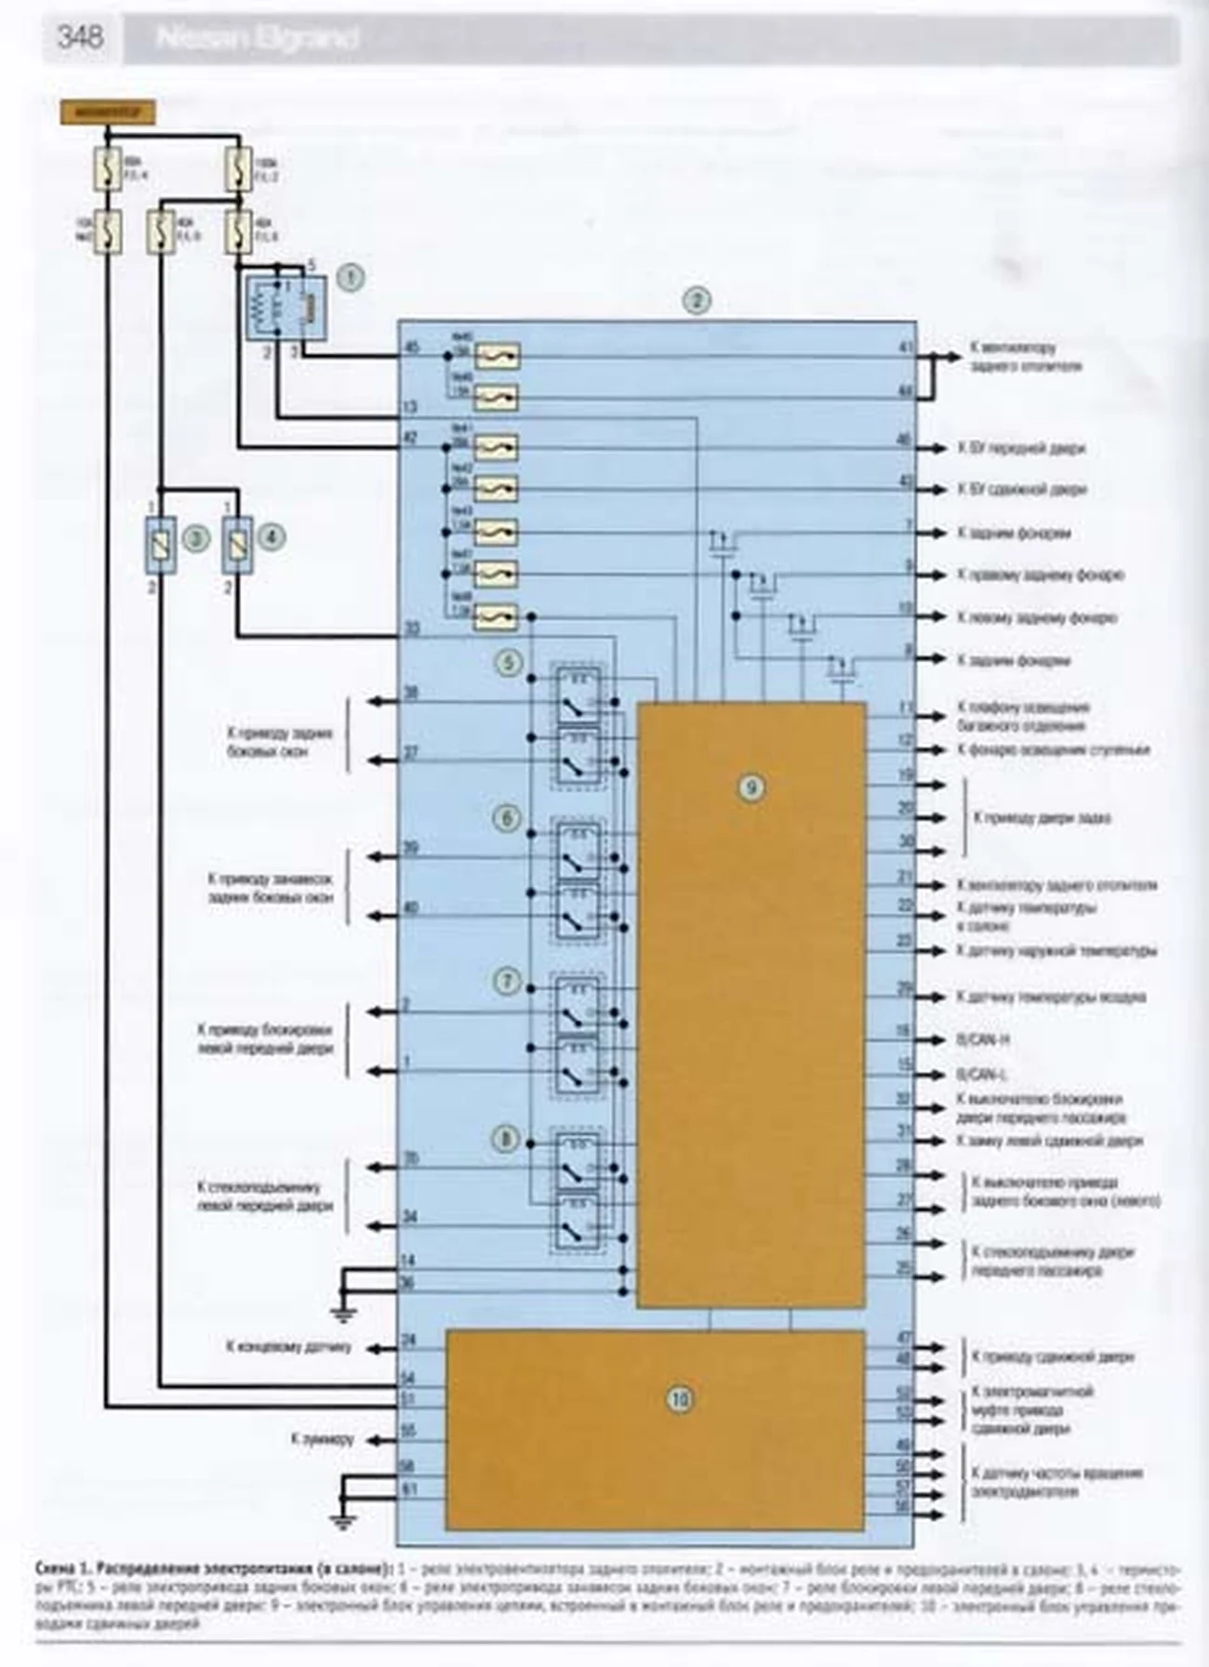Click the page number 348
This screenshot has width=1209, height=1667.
pyautogui.click(x=79, y=37)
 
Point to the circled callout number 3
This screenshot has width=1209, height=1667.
pyautogui.click(x=194, y=536)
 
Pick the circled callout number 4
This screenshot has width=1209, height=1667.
pyautogui.click(x=271, y=536)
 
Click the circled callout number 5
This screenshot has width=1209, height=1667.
pyautogui.click(x=508, y=662)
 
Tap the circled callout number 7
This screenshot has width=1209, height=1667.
pyautogui.click(x=508, y=981)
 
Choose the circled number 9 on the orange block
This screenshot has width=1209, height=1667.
pyautogui.click(x=751, y=787)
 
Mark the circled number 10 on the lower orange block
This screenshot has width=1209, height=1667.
pyautogui.click(x=681, y=1398)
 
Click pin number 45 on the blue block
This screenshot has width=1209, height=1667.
pyautogui.click(x=411, y=348)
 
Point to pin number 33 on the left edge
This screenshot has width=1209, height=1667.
pyautogui.click(x=411, y=629)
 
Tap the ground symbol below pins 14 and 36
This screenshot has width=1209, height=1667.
pyautogui.click(x=342, y=1311)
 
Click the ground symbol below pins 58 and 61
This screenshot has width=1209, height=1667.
pyautogui.click(x=342, y=1519)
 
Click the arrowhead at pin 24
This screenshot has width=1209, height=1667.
pyautogui.click(x=368, y=1347)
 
